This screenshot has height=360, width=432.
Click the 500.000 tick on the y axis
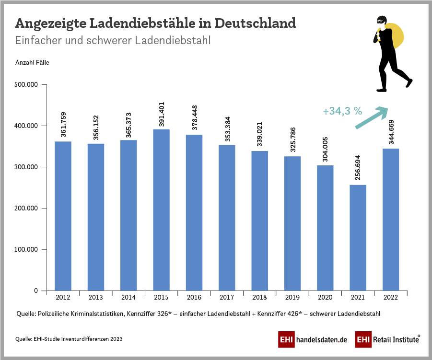27,85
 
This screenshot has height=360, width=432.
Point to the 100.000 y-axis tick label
27,250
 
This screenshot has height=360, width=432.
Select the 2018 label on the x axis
259,298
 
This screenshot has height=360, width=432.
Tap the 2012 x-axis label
63,298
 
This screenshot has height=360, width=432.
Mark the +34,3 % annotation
342,111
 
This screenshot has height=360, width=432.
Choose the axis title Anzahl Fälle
32,62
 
